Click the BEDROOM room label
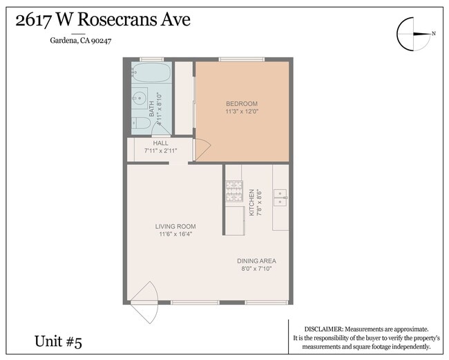coord(241,104)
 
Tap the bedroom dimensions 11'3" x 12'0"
coord(241,111)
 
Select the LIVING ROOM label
coord(175,227)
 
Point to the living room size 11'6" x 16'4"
coord(175,234)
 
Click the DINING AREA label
coord(257,261)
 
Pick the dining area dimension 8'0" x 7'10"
coord(257,269)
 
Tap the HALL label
coord(161,143)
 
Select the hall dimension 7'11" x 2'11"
coord(161,150)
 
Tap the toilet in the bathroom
coord(141,123)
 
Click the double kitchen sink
coord(280,197)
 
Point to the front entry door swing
coord(144,301)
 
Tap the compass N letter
coord(434,33)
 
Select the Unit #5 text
coord(59,341)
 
